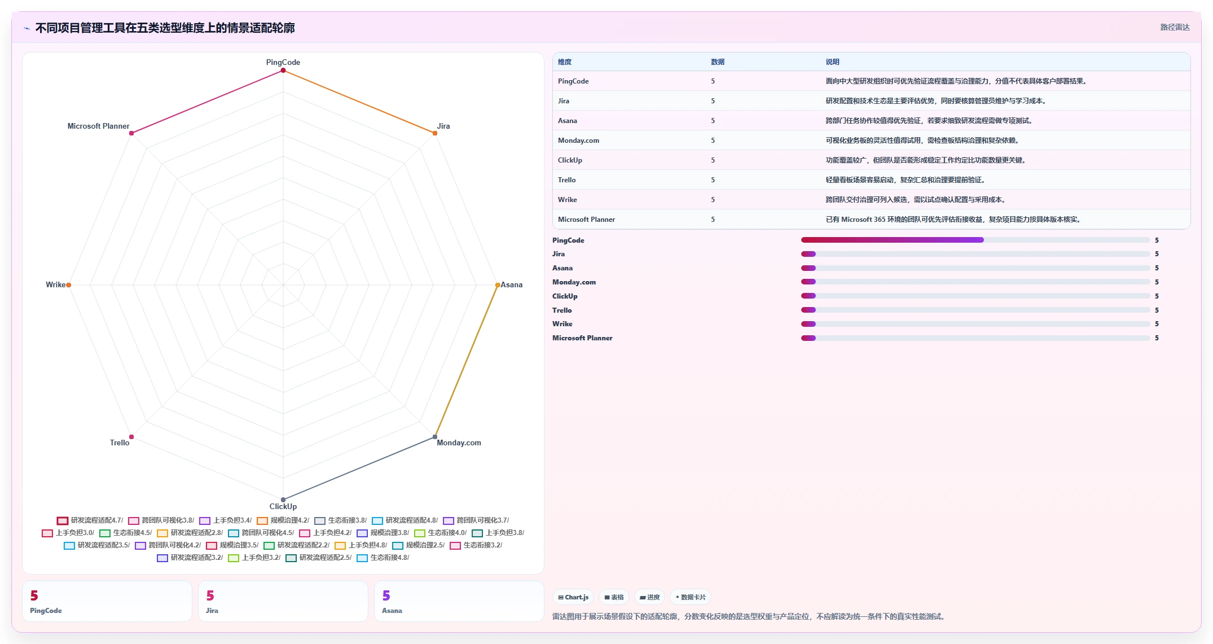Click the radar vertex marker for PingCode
[x=283, y=71]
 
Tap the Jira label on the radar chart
[x=443, y=126]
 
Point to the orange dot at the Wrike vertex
[x=69, y=285]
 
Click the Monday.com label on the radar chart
[x=459, y=443]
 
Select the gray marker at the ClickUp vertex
[x=283, y=500]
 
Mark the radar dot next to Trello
[x=131, y=437]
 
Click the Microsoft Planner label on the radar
[x=98, y=126]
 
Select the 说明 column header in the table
[x=832, y=62]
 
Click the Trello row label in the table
[x=567, y=180]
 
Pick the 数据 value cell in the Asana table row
[x=713, y=121]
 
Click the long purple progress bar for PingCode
[x=892, y=240]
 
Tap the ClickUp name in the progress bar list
[x=565, y=296]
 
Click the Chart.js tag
[x=573, y=597]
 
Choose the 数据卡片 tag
[x=690, y=597]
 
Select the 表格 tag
[x=614, y=597]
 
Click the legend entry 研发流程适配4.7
[x=90, y=520]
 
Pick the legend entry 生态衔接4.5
[x=126, y=533]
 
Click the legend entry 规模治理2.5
[x=419, y=545]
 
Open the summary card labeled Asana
[x=459, y=601]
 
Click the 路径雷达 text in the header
[x=1175, y=27]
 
